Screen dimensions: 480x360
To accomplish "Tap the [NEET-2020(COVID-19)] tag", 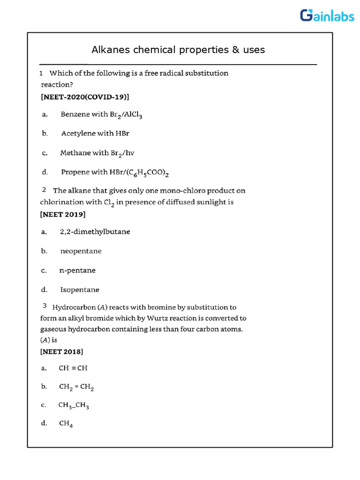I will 85,97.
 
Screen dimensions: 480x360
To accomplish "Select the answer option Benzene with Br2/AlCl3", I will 101,115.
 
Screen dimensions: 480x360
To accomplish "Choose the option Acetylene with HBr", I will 95,134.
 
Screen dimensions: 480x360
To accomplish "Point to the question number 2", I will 44,190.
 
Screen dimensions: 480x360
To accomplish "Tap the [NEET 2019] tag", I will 63,214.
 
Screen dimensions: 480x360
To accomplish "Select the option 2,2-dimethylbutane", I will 95,232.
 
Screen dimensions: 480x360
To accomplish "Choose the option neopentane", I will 81,251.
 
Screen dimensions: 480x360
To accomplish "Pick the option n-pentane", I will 77,270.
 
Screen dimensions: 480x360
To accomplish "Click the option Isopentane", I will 80,290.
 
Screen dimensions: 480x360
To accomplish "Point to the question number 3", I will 45,306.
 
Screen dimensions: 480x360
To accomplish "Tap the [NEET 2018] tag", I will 62,351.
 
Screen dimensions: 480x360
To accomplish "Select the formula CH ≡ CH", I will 73,368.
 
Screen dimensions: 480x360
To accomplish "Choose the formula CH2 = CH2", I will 77,387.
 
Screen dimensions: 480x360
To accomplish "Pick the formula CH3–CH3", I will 74,405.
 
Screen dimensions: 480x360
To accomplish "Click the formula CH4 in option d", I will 66,424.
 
